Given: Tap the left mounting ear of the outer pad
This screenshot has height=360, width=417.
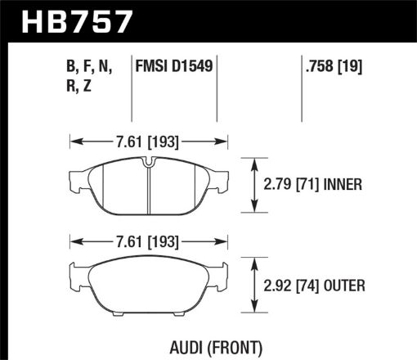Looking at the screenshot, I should [x=75, y=271].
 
